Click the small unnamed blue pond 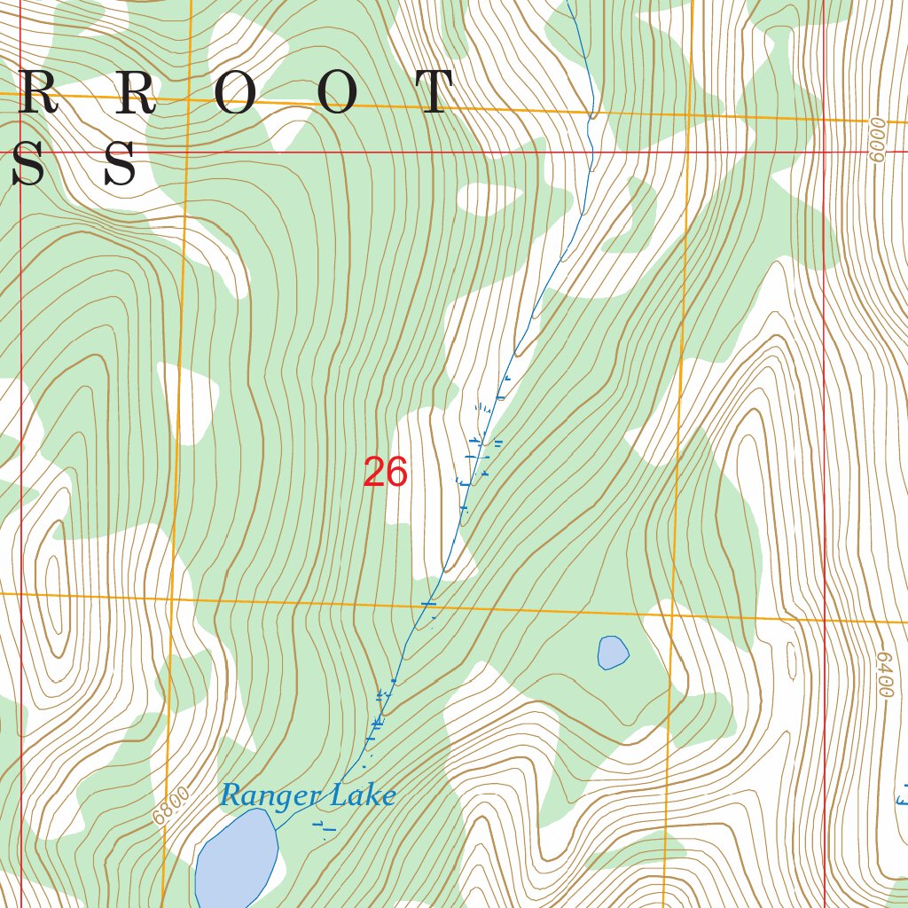pyautogui.click(x=613, y=653)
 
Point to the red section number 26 pyautogui.click(x=385, y=474)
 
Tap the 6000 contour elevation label pyautogui.click(x=877, y=140)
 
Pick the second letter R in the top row pyautogui.click(x=135, y=93)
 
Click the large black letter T pyautogui.click(x=435, y=93)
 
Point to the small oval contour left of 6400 pyautogui.click(x=792, y=658)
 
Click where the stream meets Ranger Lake pyautogui.click(x=276, y=830)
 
